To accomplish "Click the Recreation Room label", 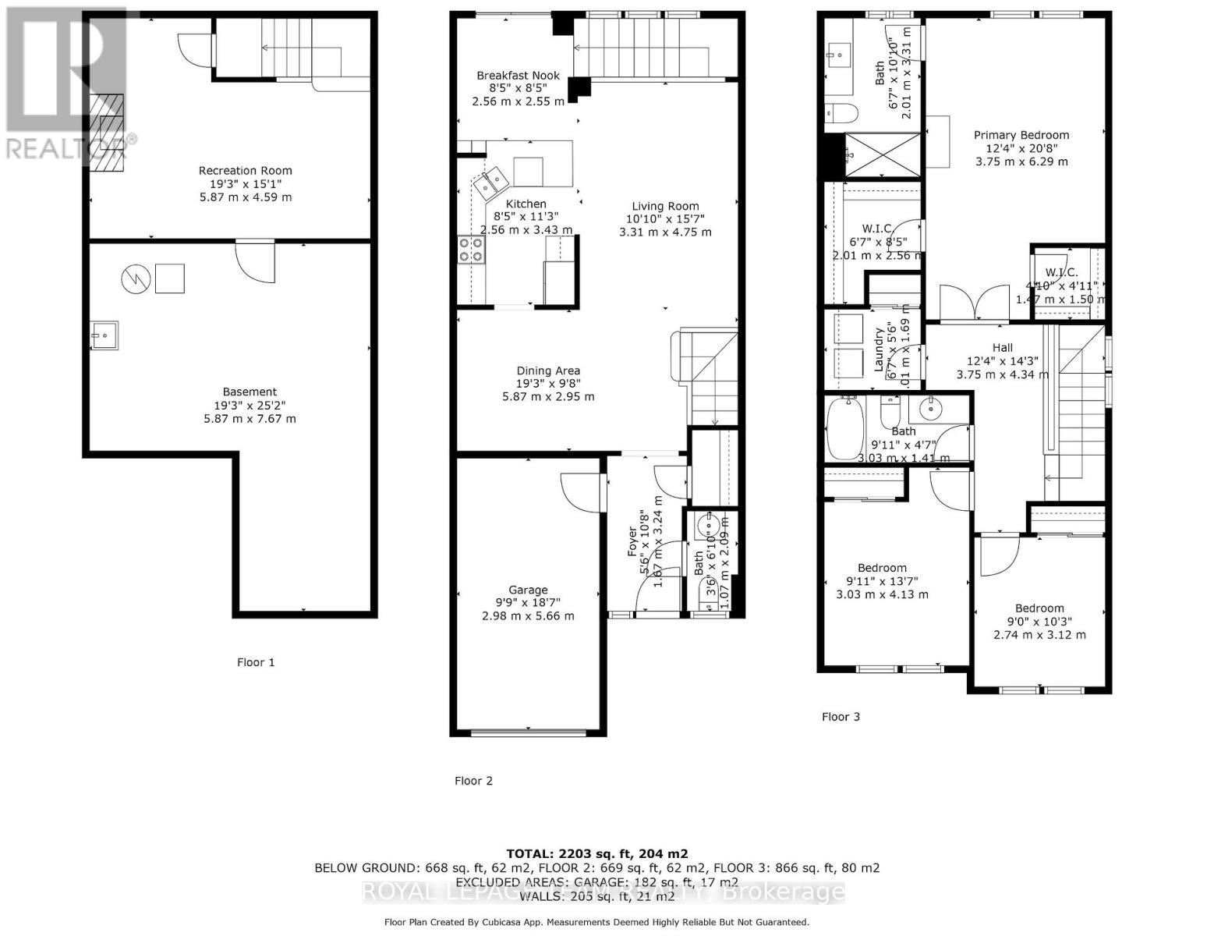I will [245, 171].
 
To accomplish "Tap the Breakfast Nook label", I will [518, 76].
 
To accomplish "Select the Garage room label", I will [528, 590].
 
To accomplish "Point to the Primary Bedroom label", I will [1021, 135].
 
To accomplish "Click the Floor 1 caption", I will [256, 662].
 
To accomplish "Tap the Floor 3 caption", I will [841, 716].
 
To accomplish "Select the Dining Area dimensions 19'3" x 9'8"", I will [547, 384].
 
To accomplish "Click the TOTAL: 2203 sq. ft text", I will [596, 853].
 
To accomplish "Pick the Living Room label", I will [665, 207].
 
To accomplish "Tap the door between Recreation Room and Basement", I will [255, 260].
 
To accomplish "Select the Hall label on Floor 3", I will [1002, 348].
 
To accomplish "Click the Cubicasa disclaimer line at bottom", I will [596, 922].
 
